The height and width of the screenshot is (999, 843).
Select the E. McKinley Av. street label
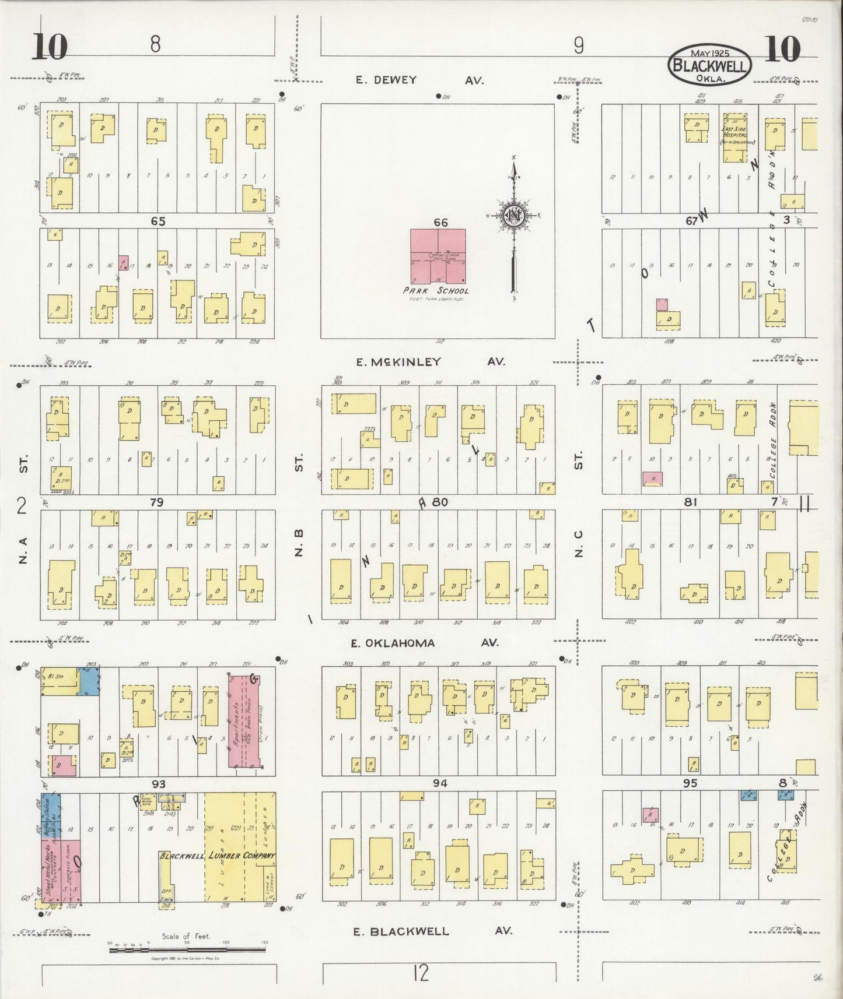point(430,362)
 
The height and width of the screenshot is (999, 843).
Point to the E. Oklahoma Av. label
point(424,643)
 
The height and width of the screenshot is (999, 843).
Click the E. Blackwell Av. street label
point(432,931)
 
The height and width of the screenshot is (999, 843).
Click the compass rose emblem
point(514,214)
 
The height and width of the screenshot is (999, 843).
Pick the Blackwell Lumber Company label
point(218,856)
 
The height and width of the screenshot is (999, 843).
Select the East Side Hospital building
point(734,138)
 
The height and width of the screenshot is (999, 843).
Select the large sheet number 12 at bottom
point(420,972)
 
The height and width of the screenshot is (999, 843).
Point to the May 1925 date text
point(709,52)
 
